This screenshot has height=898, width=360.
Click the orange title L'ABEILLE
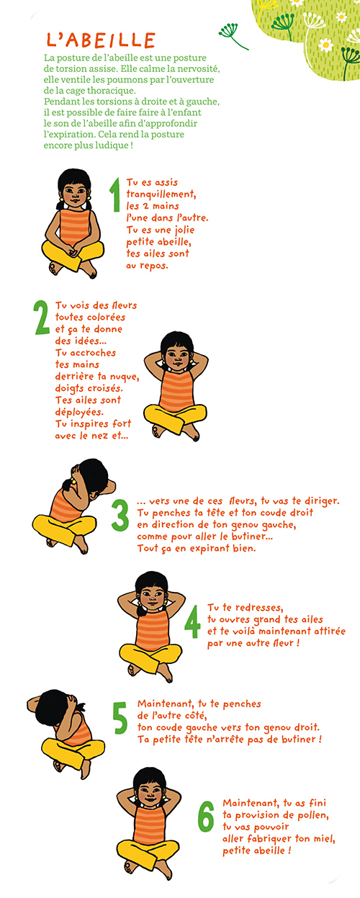(101, 40)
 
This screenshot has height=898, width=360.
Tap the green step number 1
(115, 195)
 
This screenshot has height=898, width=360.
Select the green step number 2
(41, 318)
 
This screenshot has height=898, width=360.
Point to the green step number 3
(120, 515)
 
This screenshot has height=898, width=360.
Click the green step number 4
(192, 621)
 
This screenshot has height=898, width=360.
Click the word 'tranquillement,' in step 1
(161, 194)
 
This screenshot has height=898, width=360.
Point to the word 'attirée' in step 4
(330, 631)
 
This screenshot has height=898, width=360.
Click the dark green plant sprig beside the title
(233, 35)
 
